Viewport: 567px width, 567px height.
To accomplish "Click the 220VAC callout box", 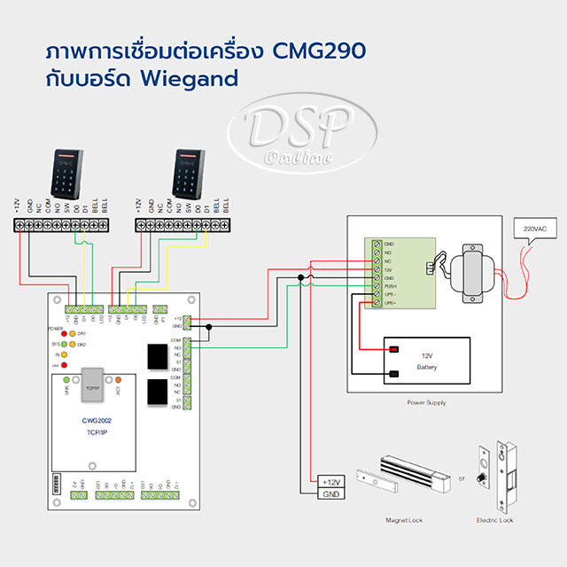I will (x=536, y=229).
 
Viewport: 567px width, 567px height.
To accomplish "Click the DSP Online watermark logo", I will (x=287, y=138).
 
